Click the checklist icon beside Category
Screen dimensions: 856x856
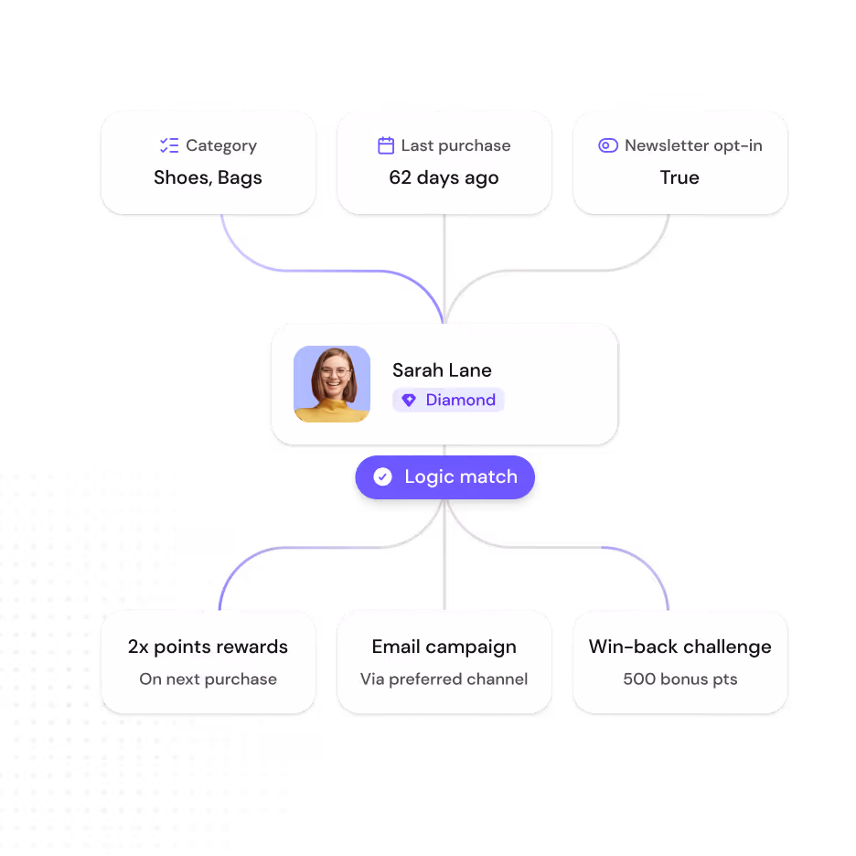pos(169,145)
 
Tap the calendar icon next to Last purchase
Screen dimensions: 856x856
pos(386,145)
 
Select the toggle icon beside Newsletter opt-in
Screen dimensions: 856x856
pos(608,145)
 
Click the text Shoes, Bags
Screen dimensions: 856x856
pos(208,178)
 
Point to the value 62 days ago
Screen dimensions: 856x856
pos(444,178)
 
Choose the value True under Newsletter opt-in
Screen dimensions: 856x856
pos(679,177)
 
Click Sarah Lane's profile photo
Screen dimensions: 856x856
pos(332,384)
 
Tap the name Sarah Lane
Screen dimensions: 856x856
pos(443,370)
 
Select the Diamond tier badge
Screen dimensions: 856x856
pos(448,400)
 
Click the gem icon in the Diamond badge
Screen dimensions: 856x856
pos(409,401)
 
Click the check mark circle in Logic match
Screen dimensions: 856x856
pos(382,476)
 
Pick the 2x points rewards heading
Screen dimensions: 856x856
pos(208,647)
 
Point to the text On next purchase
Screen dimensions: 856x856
pos(208,679)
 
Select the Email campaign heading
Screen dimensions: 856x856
pos(444,647)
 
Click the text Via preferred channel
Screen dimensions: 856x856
pos(444,679)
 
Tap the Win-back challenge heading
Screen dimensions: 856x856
pos(680,647)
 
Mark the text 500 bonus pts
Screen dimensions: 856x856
pos(680,679)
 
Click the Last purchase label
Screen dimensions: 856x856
pos(455,145)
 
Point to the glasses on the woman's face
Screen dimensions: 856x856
pos(335,373)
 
